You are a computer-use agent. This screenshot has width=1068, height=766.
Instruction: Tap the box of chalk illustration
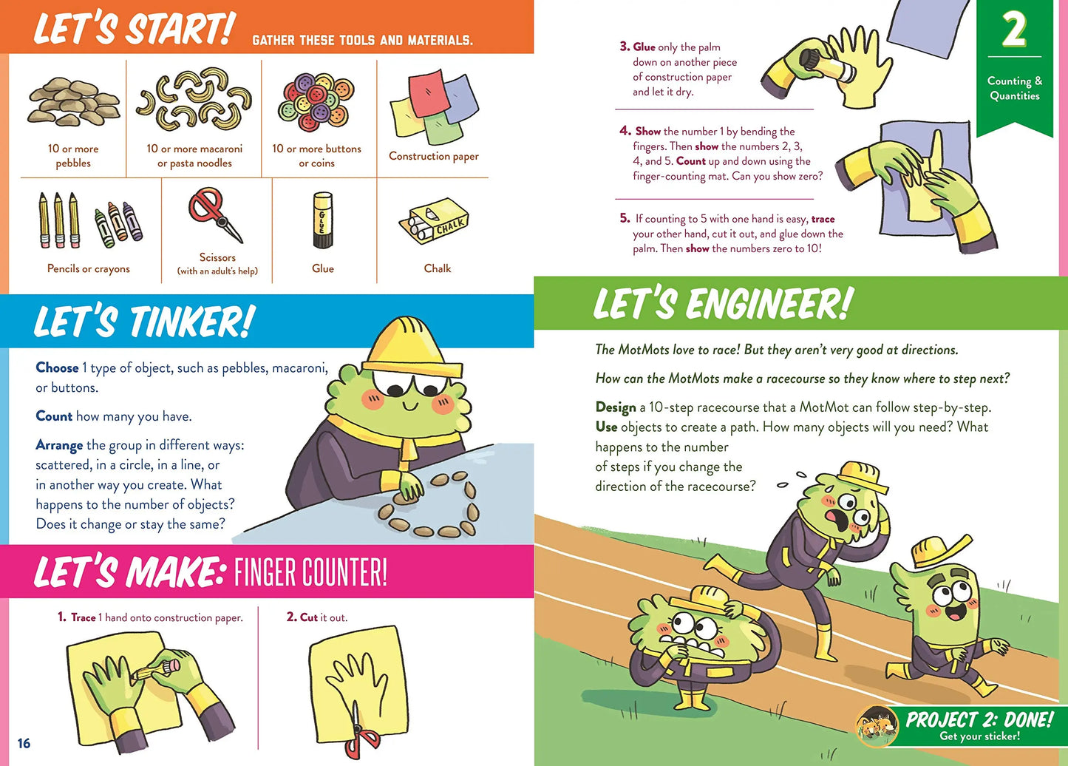[435, 220]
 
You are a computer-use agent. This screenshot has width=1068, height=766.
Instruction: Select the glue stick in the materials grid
[323, 220]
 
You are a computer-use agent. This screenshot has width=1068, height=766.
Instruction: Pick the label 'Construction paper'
[434, 156]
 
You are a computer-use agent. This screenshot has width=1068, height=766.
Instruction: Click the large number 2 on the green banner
[1014, 30]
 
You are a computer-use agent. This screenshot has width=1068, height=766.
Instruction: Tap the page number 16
[24, 743]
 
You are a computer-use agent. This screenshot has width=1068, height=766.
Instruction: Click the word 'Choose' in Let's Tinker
[57, 367]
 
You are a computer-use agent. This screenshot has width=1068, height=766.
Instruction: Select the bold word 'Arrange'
[59, 445]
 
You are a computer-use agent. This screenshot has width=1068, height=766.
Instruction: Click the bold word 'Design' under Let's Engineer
[616, 407]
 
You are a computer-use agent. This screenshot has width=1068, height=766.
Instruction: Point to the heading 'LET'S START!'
[133, 30]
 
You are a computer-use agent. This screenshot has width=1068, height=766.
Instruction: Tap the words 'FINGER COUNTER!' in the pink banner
[310, 573]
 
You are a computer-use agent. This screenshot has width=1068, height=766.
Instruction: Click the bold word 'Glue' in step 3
[644, 47]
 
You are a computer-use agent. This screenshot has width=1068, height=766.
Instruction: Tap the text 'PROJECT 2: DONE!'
[979, 719]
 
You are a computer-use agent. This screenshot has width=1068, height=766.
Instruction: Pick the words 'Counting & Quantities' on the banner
[1015, 88]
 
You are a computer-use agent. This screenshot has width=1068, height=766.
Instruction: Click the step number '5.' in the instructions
[625, 218]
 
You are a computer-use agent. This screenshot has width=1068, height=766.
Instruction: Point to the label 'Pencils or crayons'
[89, 268]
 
